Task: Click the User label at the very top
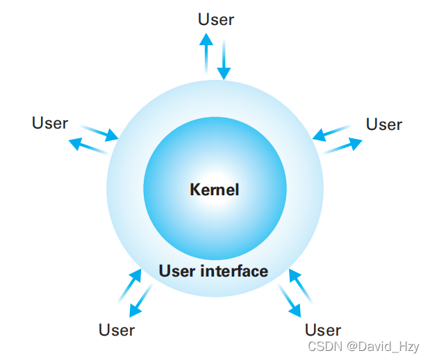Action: (216, 19)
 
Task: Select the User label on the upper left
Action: (50, 123)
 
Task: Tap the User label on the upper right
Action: (384, 124)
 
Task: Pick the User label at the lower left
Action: (117, 329)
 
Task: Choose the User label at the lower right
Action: (323, 329)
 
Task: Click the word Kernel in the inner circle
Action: (214, 189)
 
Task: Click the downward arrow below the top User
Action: (223, 60)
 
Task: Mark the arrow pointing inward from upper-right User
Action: (331, 132)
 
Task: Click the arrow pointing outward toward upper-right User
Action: (343, 146)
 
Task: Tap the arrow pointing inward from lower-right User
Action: (300, 285)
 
